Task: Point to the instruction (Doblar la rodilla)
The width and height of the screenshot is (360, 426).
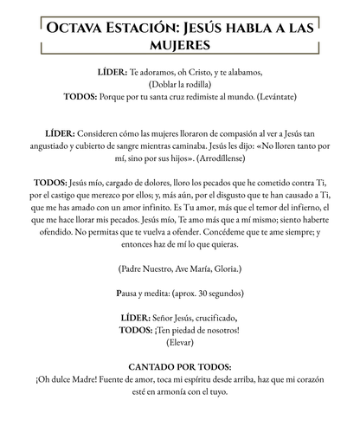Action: tap(180, 86)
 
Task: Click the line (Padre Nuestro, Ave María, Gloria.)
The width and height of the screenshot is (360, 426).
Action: tap(180, 270)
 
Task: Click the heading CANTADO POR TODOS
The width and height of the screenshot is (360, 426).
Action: tap(180, 367)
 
